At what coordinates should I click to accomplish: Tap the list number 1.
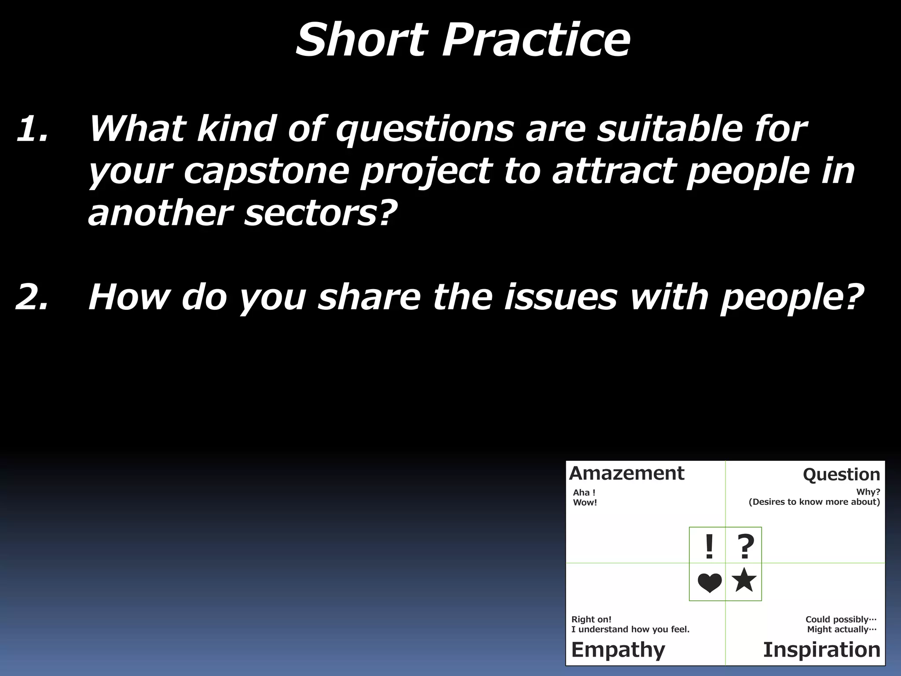(32, 129)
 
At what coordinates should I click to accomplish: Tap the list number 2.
(32, 297)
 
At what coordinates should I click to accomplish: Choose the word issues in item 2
(560, 297)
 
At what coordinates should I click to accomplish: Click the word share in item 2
(370, 297)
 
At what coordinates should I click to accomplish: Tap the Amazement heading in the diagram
(626, 474)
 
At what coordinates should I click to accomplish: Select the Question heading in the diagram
(841, 475)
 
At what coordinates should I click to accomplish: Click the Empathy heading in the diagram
(618, 650)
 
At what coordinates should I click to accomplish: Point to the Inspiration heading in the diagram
(821, 650)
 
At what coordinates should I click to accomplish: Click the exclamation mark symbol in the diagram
(709, 547)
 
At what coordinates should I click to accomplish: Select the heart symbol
(709, 583)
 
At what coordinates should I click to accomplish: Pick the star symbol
(744, 580)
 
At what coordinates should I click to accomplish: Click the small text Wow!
(585, 503)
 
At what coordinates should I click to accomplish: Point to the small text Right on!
(591, 619)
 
